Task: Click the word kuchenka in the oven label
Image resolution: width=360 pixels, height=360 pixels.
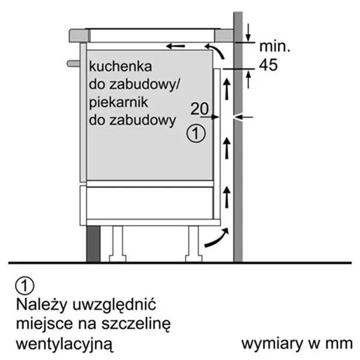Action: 121,67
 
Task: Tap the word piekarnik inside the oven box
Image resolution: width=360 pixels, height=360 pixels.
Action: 118,103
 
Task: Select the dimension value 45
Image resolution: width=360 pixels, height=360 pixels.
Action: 268,65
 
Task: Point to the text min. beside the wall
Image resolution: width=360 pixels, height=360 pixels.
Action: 275,46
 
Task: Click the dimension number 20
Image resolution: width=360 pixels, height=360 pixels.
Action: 200,109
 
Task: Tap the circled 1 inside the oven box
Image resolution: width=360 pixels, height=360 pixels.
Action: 196,133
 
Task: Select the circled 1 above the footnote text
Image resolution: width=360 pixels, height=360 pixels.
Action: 25,286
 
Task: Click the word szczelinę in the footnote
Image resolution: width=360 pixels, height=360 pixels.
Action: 136,325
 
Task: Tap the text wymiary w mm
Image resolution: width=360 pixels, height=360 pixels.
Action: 297,344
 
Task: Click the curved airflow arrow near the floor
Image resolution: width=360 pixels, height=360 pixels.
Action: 217,238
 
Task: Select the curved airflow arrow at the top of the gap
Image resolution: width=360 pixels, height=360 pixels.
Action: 214,52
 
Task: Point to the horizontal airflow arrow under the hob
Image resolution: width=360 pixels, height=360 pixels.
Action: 175,46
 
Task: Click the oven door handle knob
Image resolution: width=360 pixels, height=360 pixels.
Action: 73,64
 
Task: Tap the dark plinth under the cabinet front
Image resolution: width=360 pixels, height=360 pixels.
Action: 94,244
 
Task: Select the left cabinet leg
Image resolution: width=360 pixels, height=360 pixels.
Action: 118,244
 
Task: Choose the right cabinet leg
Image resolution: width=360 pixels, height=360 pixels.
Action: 194,244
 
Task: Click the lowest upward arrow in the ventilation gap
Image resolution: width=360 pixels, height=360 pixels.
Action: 227,197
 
